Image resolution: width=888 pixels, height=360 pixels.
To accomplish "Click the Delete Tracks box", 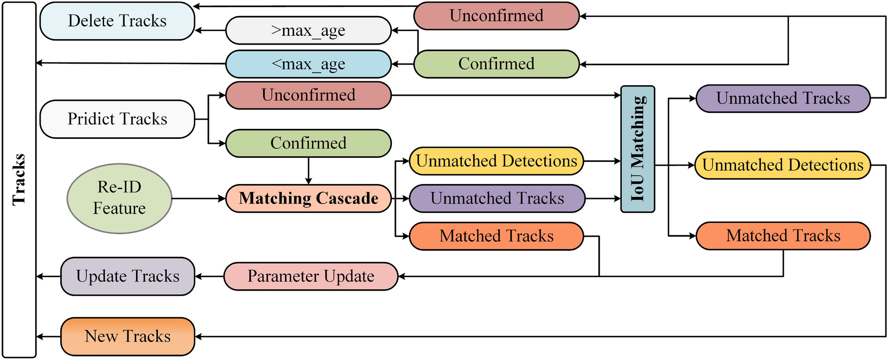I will point(117,21).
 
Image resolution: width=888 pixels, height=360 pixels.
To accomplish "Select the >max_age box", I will point(308,31).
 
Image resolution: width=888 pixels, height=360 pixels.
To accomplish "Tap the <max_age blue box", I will point(308,64).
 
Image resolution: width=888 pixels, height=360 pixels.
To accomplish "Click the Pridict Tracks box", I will point(117,119).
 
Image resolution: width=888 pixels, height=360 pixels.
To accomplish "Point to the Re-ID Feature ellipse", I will point(119,198).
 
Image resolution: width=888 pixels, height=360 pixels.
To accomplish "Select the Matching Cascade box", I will point(308,198).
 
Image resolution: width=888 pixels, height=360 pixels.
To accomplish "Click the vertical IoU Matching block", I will point(637,149).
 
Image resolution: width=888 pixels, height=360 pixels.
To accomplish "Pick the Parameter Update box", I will point(311,276).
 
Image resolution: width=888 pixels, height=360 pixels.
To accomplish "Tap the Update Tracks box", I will point(127,276).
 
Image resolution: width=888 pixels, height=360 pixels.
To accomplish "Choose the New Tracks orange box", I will point(127,336).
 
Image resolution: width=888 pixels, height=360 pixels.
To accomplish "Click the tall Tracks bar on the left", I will point(19,179).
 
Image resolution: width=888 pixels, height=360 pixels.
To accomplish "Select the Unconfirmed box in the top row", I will point(496,16).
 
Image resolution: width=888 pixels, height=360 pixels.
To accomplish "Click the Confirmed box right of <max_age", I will point(496,64).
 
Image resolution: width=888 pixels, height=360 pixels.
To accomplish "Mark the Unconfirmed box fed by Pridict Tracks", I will point(308,95).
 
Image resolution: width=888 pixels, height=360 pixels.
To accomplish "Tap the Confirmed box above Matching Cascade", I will point(308,143).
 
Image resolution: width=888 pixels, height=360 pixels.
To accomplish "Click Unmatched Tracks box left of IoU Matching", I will point(497,198).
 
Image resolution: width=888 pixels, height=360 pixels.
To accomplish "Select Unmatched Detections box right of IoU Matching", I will point(782,165).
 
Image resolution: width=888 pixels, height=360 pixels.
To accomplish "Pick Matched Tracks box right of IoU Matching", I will point(783,236).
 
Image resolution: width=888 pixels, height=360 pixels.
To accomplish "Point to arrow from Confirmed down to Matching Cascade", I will point(308,171).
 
